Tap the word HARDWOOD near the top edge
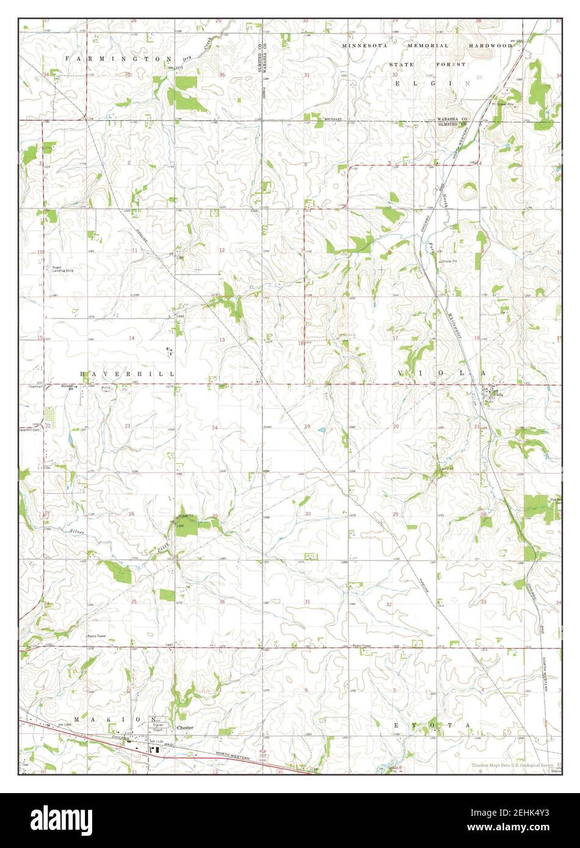(490, 46)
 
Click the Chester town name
(185, 728)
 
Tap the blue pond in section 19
(322, 431)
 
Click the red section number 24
(214, 428)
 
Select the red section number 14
(131, 338)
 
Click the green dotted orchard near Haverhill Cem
(53, 418)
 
